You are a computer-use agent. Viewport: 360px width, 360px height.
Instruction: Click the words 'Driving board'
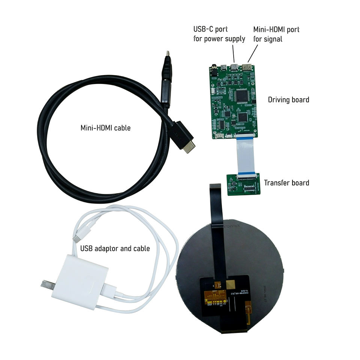coord(288,100)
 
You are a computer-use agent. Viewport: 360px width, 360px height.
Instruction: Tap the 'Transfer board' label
coord(286,183)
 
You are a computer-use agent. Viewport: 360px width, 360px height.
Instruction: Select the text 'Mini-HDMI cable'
coord(106,128)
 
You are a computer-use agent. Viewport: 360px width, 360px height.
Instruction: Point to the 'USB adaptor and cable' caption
coord(115,248)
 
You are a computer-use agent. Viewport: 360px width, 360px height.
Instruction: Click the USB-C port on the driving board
coord(235,67)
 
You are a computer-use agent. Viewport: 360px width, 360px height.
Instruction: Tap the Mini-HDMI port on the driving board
coord(247,67)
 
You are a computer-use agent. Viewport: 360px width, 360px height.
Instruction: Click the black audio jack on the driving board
coord(214,70)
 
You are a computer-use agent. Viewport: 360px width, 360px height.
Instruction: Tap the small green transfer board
coord(243,184)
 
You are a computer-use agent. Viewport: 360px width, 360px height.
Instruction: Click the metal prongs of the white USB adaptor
coord(46,284)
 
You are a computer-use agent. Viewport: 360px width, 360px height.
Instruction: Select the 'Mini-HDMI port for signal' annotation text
coord(276,34)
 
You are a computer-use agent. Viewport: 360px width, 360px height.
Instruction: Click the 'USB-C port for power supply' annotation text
coord(219,34)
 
